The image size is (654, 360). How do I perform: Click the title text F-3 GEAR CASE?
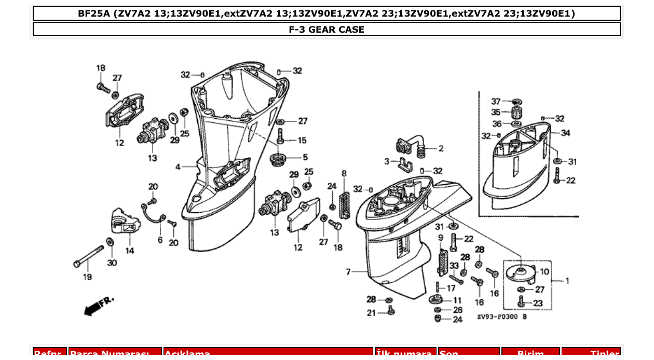click(326, 30)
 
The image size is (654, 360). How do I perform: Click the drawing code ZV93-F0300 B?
click(501, 317)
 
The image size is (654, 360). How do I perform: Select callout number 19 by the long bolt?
click(87, 277)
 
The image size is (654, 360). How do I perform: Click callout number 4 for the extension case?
click(178, 167)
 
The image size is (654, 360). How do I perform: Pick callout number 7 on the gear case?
click(349, 271)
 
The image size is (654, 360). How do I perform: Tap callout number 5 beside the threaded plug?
click(305, 157)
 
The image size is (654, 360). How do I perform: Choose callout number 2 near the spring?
click(441, 148)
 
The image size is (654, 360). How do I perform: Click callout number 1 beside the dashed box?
click(567, 281)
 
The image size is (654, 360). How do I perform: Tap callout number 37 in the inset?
click(496, 101)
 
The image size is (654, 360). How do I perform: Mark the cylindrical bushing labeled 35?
click(516, 113)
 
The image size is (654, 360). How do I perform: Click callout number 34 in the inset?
click(565, 133)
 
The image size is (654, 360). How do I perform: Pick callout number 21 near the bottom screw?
click(371, 313)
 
